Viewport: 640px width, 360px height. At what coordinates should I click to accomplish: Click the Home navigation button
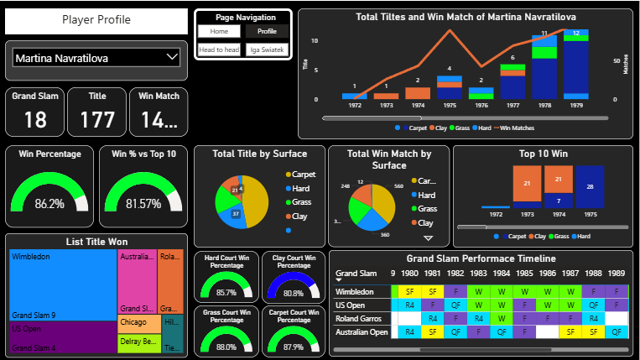click(220, 31)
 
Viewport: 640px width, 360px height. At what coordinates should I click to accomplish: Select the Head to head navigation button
click(220, 50)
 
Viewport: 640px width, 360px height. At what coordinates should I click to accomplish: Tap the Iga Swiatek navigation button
click(267, 50)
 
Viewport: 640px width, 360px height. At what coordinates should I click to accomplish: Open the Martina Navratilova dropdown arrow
click(173, 57)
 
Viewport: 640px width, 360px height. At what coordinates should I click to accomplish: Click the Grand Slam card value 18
click(35, 120)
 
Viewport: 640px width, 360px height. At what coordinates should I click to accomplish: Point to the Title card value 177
click(97, 120)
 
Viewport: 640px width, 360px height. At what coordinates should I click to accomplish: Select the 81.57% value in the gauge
click(143, 204)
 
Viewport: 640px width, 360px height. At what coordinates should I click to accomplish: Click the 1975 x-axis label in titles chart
click(450, 107)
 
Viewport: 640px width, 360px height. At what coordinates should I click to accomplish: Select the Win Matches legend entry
click(520, 128)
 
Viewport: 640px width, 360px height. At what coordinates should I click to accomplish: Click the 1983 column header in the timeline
click(477, 273)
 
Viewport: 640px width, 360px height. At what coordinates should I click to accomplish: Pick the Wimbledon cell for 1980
click(410, 290)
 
